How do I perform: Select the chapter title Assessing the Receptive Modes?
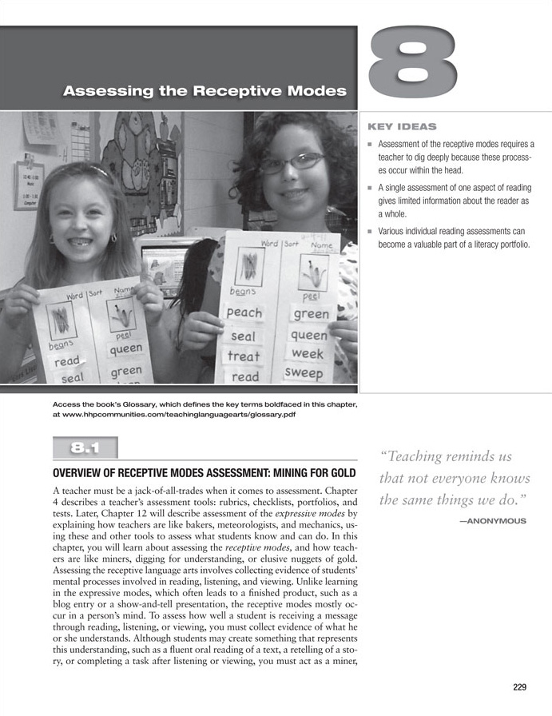pos(205,91)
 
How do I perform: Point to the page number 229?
pos(522,686)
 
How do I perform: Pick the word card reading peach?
pos(244,312)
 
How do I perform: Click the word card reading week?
pos(307,352)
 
